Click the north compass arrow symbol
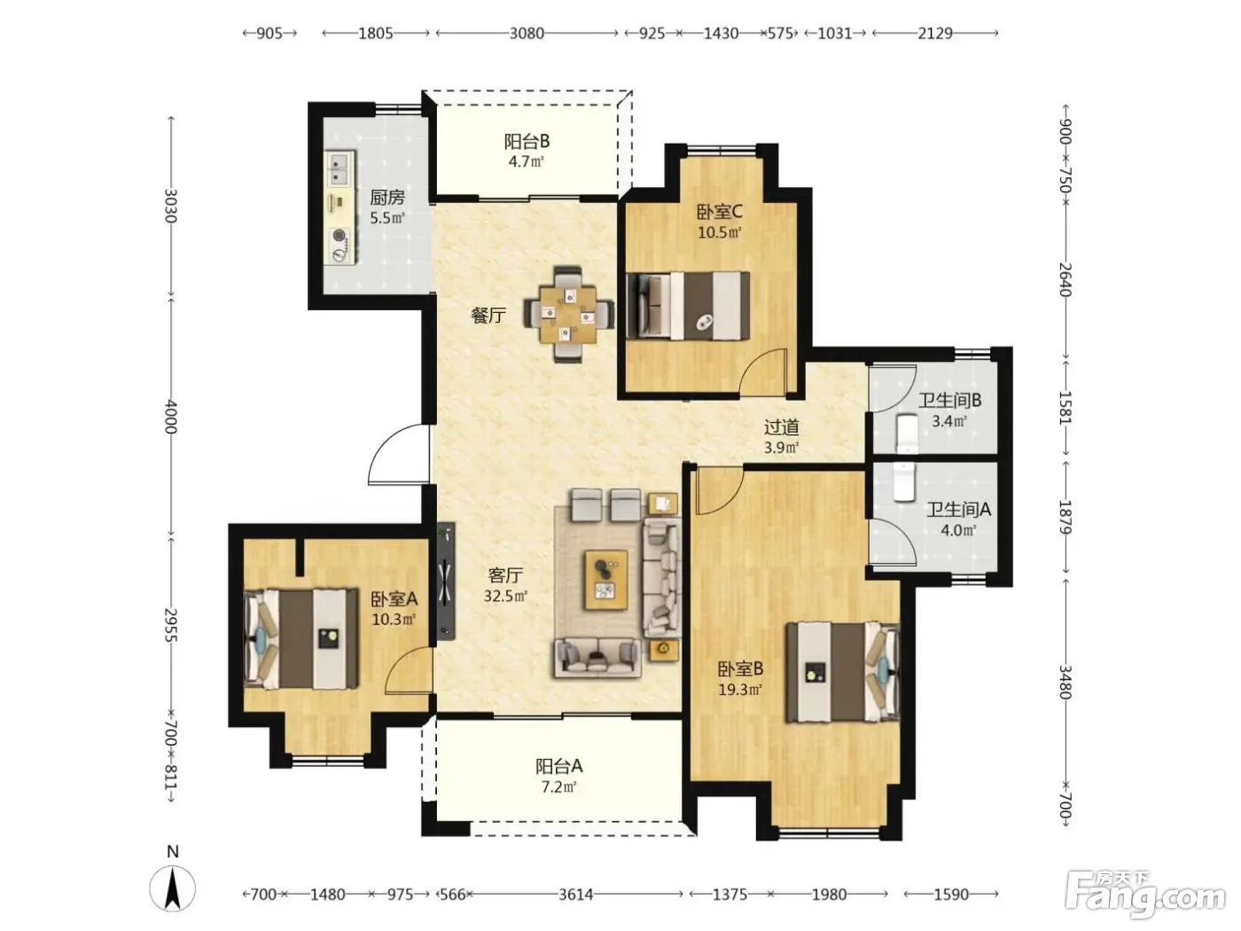173,889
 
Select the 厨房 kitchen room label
387,198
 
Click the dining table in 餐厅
568,315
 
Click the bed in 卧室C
689,307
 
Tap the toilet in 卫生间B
907,434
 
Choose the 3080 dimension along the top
527,34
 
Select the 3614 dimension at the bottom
576,895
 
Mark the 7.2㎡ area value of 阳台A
558,786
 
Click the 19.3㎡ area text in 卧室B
740,690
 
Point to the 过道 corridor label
781,426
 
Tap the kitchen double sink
340,168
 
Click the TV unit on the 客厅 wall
446,581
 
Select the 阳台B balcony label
527,141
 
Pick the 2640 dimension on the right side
1065,279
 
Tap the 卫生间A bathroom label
958,510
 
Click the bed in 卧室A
301,638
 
